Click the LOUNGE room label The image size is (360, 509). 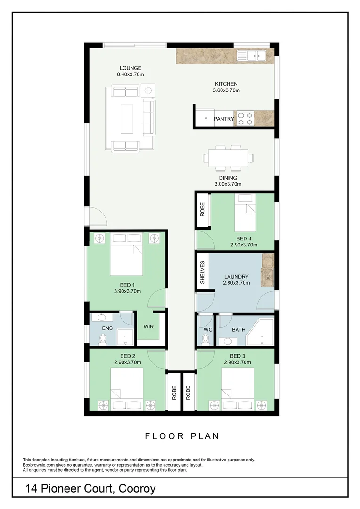click(x=130, y=68)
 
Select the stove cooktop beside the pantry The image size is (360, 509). click(x=245, y=118)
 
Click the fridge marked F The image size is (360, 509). click(x=205, y=119)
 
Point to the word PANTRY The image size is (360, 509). click(x=224, y=119)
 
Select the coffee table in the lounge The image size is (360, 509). click(x=127, y=118)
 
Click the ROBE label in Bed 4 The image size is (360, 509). click(x=202, y=209)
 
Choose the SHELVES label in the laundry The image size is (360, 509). click(x=202, y=272)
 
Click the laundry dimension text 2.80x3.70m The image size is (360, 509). click(x=237, y=283)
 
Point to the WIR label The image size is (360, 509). click(x=148, y=327)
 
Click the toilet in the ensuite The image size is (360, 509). click(x=103, y=339)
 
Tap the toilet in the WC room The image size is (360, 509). click(x=205, y=339)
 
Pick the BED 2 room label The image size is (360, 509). click(x=128, y=356)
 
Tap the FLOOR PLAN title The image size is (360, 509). click(x=182, y=436)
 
